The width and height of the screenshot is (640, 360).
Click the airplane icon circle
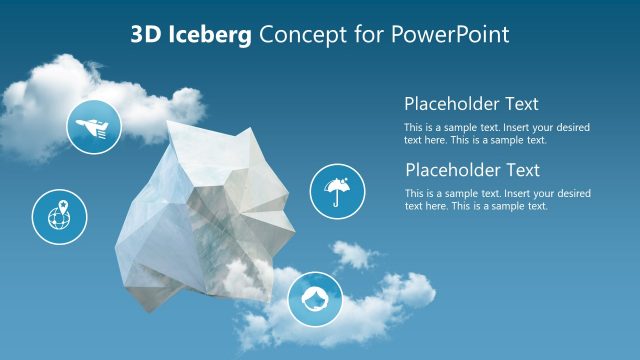click(94, 127)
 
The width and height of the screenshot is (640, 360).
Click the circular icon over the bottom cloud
click(315, 299)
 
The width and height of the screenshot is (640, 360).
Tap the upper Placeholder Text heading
click(471, 103)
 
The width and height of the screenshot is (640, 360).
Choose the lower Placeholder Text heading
click(472, 170)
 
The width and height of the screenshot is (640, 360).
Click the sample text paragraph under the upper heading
click(497, 134)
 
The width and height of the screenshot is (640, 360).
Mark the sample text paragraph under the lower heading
click(497, 199)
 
